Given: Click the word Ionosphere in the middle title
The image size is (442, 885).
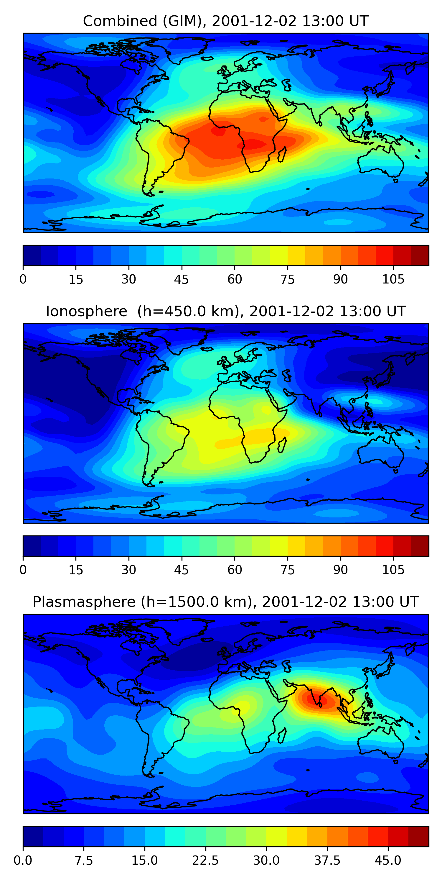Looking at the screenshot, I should click(86, 312).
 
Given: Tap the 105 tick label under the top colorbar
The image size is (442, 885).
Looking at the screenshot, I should click(393, 280).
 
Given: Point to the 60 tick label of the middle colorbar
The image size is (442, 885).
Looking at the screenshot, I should click(235, 570).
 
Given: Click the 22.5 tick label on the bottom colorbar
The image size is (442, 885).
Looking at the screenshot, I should click(205, 861).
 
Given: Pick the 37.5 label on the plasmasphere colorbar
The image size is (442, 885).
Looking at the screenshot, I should click(327, 861).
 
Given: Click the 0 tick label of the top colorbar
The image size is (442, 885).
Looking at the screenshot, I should click(23, 280).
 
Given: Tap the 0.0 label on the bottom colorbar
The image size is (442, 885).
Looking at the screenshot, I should click(23, 861).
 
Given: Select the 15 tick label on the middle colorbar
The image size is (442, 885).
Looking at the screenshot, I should click(76, 570).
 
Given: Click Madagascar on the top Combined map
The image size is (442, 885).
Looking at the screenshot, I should click(282, 154).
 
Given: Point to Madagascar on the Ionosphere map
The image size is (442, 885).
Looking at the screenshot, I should click(282, 445).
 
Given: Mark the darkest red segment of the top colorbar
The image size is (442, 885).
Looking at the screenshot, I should click(420, 255).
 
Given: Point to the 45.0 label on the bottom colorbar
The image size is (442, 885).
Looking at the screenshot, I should click(388, 861).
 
